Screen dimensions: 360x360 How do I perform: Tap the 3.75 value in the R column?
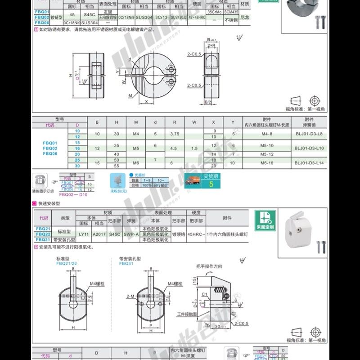point(174,134)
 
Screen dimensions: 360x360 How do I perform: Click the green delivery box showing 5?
point(211,184)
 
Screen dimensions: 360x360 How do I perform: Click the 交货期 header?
point(211,176)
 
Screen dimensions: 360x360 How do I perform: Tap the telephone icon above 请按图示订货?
point(40,181)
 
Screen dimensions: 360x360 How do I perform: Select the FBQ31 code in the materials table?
point(43,240)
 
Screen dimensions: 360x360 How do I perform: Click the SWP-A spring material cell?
point(131,234)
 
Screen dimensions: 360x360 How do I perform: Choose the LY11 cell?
point(84,234)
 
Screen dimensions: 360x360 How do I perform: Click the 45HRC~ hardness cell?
point(196,234)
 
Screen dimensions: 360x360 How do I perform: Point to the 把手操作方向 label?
point(209,266)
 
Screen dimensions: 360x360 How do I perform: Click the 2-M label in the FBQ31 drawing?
point(131,296)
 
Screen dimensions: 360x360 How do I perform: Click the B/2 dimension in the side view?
point(208,103)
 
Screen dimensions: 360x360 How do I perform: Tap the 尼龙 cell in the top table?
point(245,17)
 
